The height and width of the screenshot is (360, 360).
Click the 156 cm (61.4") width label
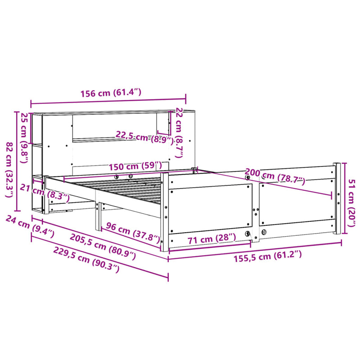point(111,94)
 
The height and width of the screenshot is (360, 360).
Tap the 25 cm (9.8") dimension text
point(24,133)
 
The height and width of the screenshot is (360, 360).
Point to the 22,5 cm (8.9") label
point(144,136)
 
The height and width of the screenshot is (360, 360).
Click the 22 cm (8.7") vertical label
point(179,133)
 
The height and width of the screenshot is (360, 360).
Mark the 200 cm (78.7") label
point(274,176)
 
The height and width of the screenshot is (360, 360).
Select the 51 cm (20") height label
point(352,197)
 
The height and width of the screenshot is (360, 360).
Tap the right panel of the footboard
point(297,202)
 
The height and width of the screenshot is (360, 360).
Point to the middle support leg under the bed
point(97,216)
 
